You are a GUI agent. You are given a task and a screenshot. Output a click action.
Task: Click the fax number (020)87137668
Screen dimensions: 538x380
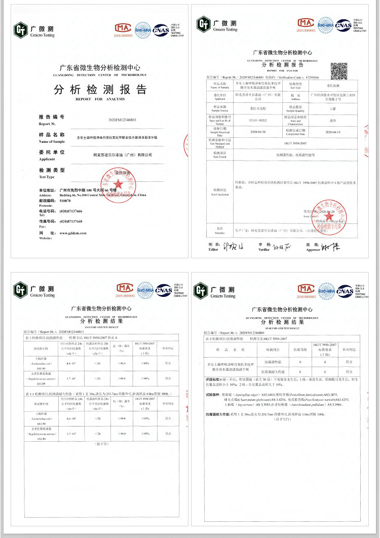point(71,221)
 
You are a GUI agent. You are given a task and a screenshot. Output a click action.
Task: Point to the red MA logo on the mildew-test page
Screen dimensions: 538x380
point(306,290)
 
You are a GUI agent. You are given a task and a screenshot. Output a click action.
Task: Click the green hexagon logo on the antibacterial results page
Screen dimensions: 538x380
point(20,289)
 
